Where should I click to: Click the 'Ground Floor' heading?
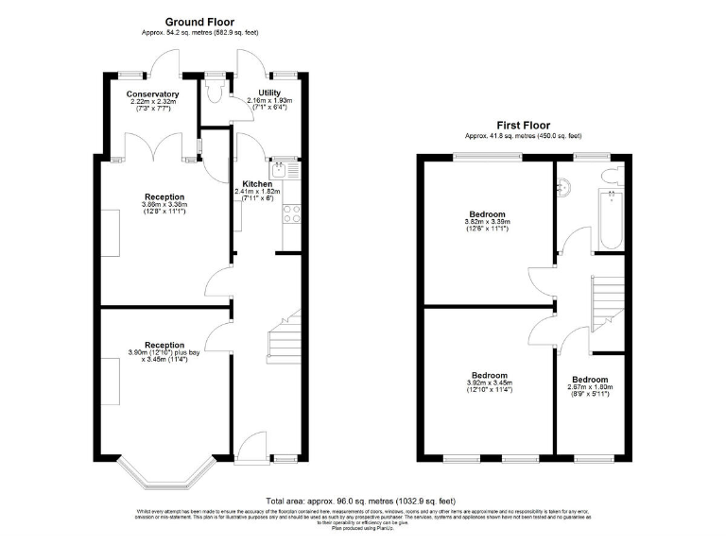tap(199, 21)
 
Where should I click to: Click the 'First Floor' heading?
tap(524, 124)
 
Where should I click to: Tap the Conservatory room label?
tap(153, 94)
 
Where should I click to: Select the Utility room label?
tap(269, 93)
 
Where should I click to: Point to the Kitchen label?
tap(257, 184)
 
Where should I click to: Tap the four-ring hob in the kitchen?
tap(291, 213)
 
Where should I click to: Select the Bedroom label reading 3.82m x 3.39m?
tap(487, 214)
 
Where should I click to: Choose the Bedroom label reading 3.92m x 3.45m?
tap(490, 375)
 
